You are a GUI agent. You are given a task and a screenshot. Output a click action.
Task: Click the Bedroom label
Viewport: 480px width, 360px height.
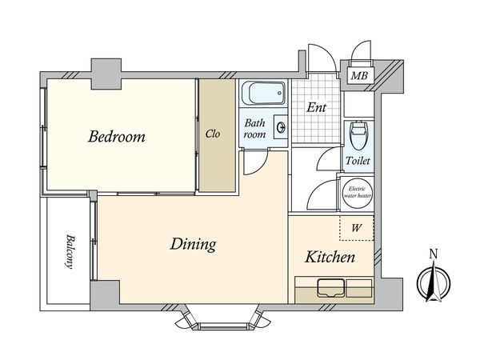[x=117, y=137]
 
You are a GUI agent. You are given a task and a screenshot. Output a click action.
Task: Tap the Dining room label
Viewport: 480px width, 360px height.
[x=193, y=244]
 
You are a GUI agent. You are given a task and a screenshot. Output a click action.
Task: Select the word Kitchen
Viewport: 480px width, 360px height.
[x=330, y=257]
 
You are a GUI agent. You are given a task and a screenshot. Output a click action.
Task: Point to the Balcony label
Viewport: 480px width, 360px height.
[x=70, y=252]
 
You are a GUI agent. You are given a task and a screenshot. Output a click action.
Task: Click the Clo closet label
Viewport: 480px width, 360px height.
[x=213, y=134]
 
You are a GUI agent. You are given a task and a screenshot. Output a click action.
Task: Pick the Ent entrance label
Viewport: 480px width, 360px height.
[x=317, y=107]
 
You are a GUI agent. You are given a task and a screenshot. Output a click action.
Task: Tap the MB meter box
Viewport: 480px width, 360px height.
[x=359, y=75]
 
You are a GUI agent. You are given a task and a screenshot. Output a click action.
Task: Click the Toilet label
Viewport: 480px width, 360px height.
[x=358, y=161]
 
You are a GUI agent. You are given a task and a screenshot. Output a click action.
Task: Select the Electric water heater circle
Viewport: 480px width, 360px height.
[x=358, y=193]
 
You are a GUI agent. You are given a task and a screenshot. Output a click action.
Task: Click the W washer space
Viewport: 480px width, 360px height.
[x=357, y=228]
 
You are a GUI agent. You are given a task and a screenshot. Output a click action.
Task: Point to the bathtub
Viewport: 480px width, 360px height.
[x=263, y=93]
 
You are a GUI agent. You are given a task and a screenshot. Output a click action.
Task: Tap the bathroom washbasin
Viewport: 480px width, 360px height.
[x=281, y=126]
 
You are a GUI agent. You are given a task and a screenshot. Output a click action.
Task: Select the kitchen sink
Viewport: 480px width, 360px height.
[x=331, y=287]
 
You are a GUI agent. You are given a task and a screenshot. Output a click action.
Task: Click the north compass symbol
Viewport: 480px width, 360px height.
[x=434, y=283]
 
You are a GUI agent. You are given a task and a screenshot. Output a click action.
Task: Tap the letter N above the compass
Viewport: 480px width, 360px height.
[x=434, y=254]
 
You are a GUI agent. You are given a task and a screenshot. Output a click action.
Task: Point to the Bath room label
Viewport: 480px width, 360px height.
[x=254, y=129]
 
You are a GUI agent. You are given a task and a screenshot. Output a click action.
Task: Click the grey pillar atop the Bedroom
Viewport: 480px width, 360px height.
[x=106, y=74]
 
